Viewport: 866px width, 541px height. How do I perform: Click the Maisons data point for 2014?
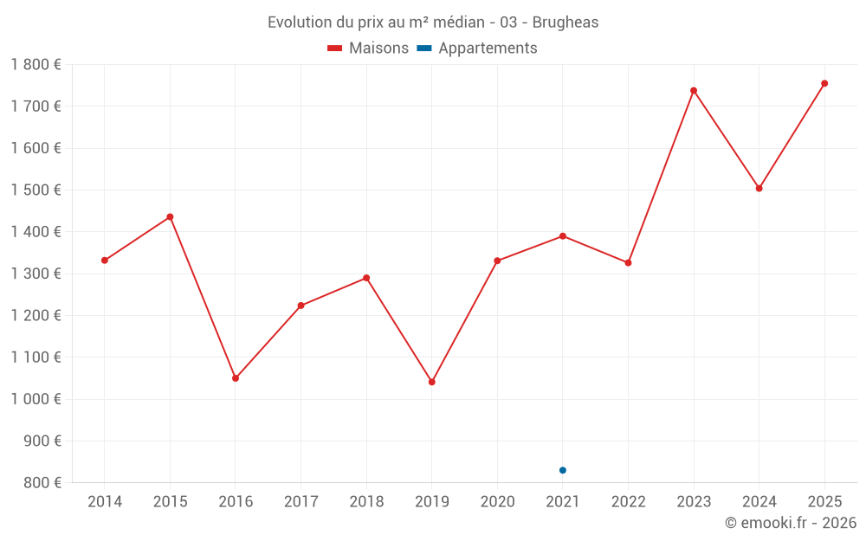tap(105, 261)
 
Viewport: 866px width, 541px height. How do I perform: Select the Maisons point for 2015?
tap(170, 216)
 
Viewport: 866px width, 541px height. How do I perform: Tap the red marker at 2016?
tap(236, 378)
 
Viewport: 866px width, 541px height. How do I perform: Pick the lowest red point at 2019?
tap(432, 382)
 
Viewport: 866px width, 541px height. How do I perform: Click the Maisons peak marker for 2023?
tap(694, 90)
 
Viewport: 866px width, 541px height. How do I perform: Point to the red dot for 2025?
tap(824, 83)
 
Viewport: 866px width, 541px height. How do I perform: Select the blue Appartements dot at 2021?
tap(563, 470)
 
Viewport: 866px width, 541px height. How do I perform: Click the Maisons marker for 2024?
tap(759, 188)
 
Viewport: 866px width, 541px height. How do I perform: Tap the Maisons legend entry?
tap(368, 48)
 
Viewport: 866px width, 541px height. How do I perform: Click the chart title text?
tap(433, 23)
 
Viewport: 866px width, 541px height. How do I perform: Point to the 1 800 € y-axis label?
tap(36, 65)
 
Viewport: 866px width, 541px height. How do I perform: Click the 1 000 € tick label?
tap(36, 399)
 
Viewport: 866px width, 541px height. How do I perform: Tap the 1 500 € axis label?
tap(36, 190)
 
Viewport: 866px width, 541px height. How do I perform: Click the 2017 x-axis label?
tap(301, 502)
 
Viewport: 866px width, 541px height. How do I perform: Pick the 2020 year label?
tap(497, 502)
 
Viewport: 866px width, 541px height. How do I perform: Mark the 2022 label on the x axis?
tap(628, 502)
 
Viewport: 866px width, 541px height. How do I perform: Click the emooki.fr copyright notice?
tap(791, 523)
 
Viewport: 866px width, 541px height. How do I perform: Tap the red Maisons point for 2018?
tap(366, 278)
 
